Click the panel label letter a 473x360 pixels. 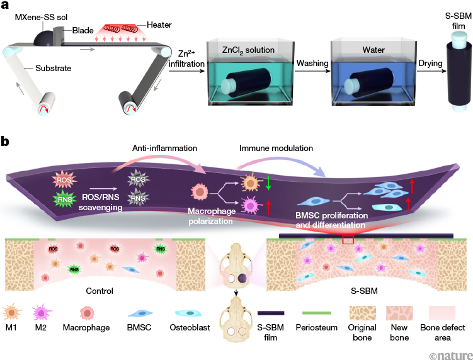click(x=6, y=7)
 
